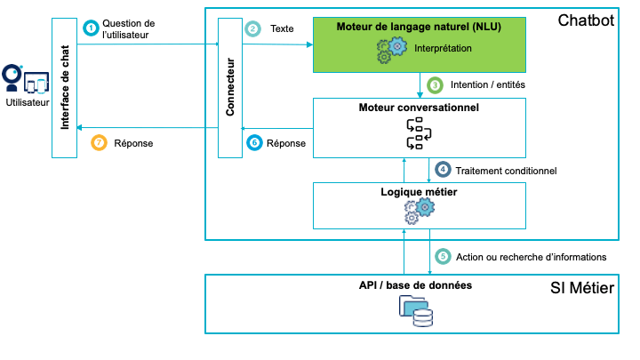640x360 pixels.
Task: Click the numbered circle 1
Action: [x=90, y=28]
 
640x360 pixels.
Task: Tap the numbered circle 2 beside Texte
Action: [x=253, y=28]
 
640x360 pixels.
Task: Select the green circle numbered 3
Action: [x=435, y=85]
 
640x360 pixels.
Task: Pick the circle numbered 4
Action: [x=443, y=169]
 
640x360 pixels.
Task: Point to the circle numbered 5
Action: [x=443, y=256]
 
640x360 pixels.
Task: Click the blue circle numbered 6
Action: [x=253, y=142]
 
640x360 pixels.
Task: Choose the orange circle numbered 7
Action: [x=100, y=142]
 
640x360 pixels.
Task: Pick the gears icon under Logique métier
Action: [x=419, y=210]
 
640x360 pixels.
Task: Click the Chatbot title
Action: [x=585, y=20]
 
